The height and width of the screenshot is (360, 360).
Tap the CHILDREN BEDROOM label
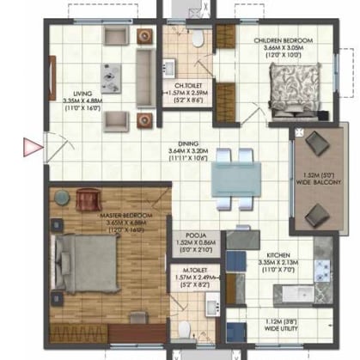[283, 40]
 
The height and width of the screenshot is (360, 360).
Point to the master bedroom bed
[86, 260]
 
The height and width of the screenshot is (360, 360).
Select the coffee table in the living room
[111, 77]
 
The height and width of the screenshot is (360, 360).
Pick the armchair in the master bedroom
[88, 201]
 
